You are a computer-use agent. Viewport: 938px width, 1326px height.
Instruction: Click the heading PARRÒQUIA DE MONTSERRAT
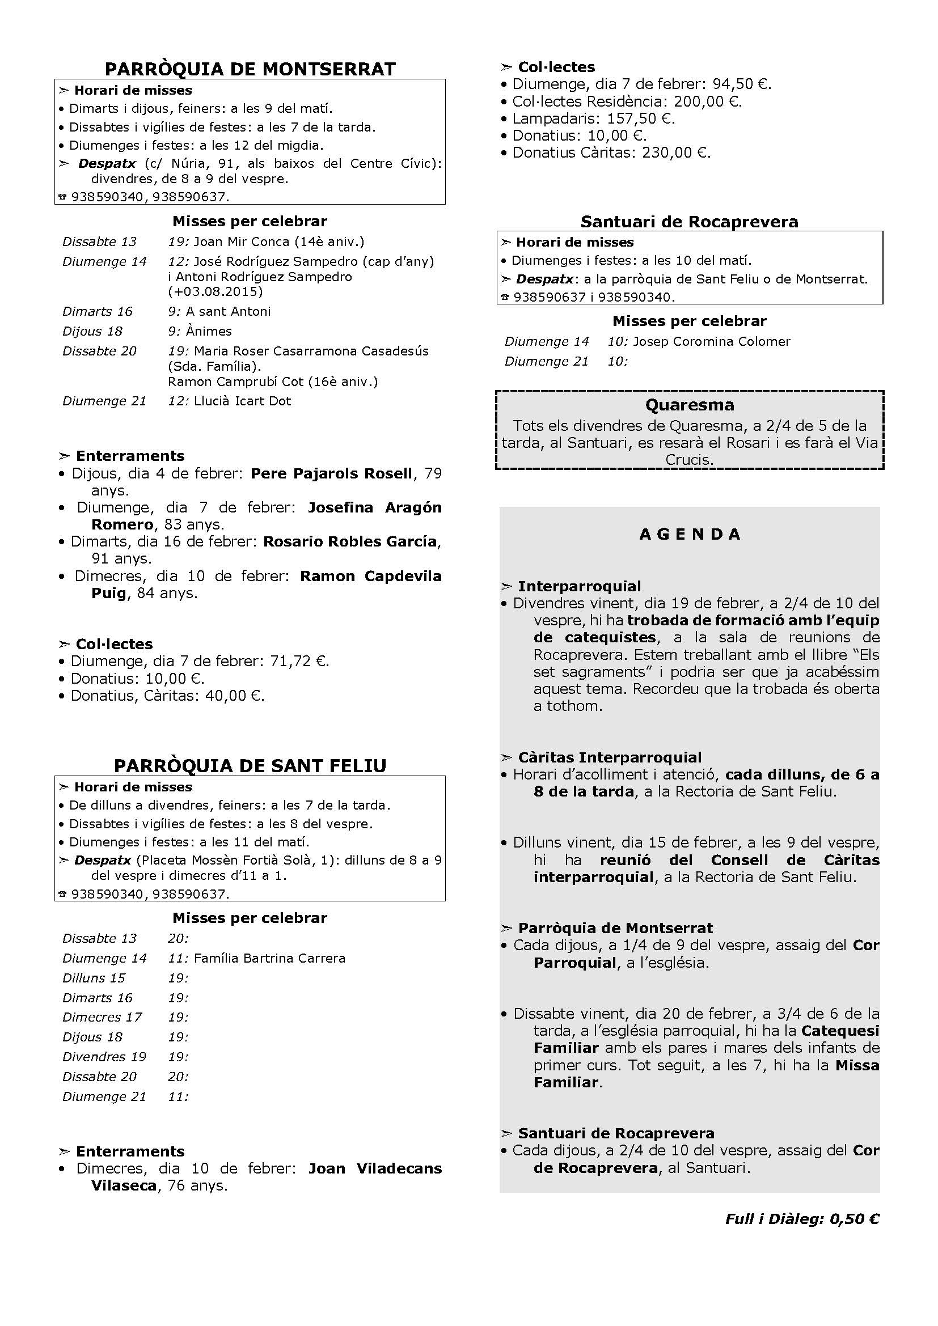pyautogui.click(x=250, y=69)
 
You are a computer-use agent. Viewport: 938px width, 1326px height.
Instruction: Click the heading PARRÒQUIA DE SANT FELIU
pyautogui.click(x=250, y=766)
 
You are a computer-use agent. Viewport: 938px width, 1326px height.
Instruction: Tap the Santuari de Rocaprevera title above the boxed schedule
pyautogui.click(x=689, y=222)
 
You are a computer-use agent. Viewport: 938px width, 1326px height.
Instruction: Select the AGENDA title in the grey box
pyautogui.click(x=690, y=534)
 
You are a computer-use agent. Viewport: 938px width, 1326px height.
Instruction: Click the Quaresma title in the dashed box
pyautogui.click(x=690, y=405)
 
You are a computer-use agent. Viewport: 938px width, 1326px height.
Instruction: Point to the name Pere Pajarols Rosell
pyautogui.click(x=332, y=473)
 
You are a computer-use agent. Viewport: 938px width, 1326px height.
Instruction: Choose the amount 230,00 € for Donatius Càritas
pyautogui.click(x=677, y=153)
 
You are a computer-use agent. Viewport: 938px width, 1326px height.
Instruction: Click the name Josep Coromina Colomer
pyautogui.click(x=712, y=341)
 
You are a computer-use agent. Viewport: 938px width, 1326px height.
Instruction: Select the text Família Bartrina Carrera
pyautogui.click(x=269, y=958)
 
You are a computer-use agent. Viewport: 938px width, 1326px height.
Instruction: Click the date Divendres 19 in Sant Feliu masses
pyautogui.click(x=104, y=1057)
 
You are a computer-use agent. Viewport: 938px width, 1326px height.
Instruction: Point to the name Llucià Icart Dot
pyautogui.click(x=243, y=401)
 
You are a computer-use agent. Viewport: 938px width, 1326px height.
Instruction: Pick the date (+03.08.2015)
pyautogui.click(x=216, y=291)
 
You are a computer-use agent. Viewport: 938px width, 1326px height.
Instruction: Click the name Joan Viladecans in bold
pyautogui.click(x=375, y=1169)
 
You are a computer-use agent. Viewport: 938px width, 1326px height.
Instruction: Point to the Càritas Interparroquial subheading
pyautogui.click(x=609, y=757)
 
